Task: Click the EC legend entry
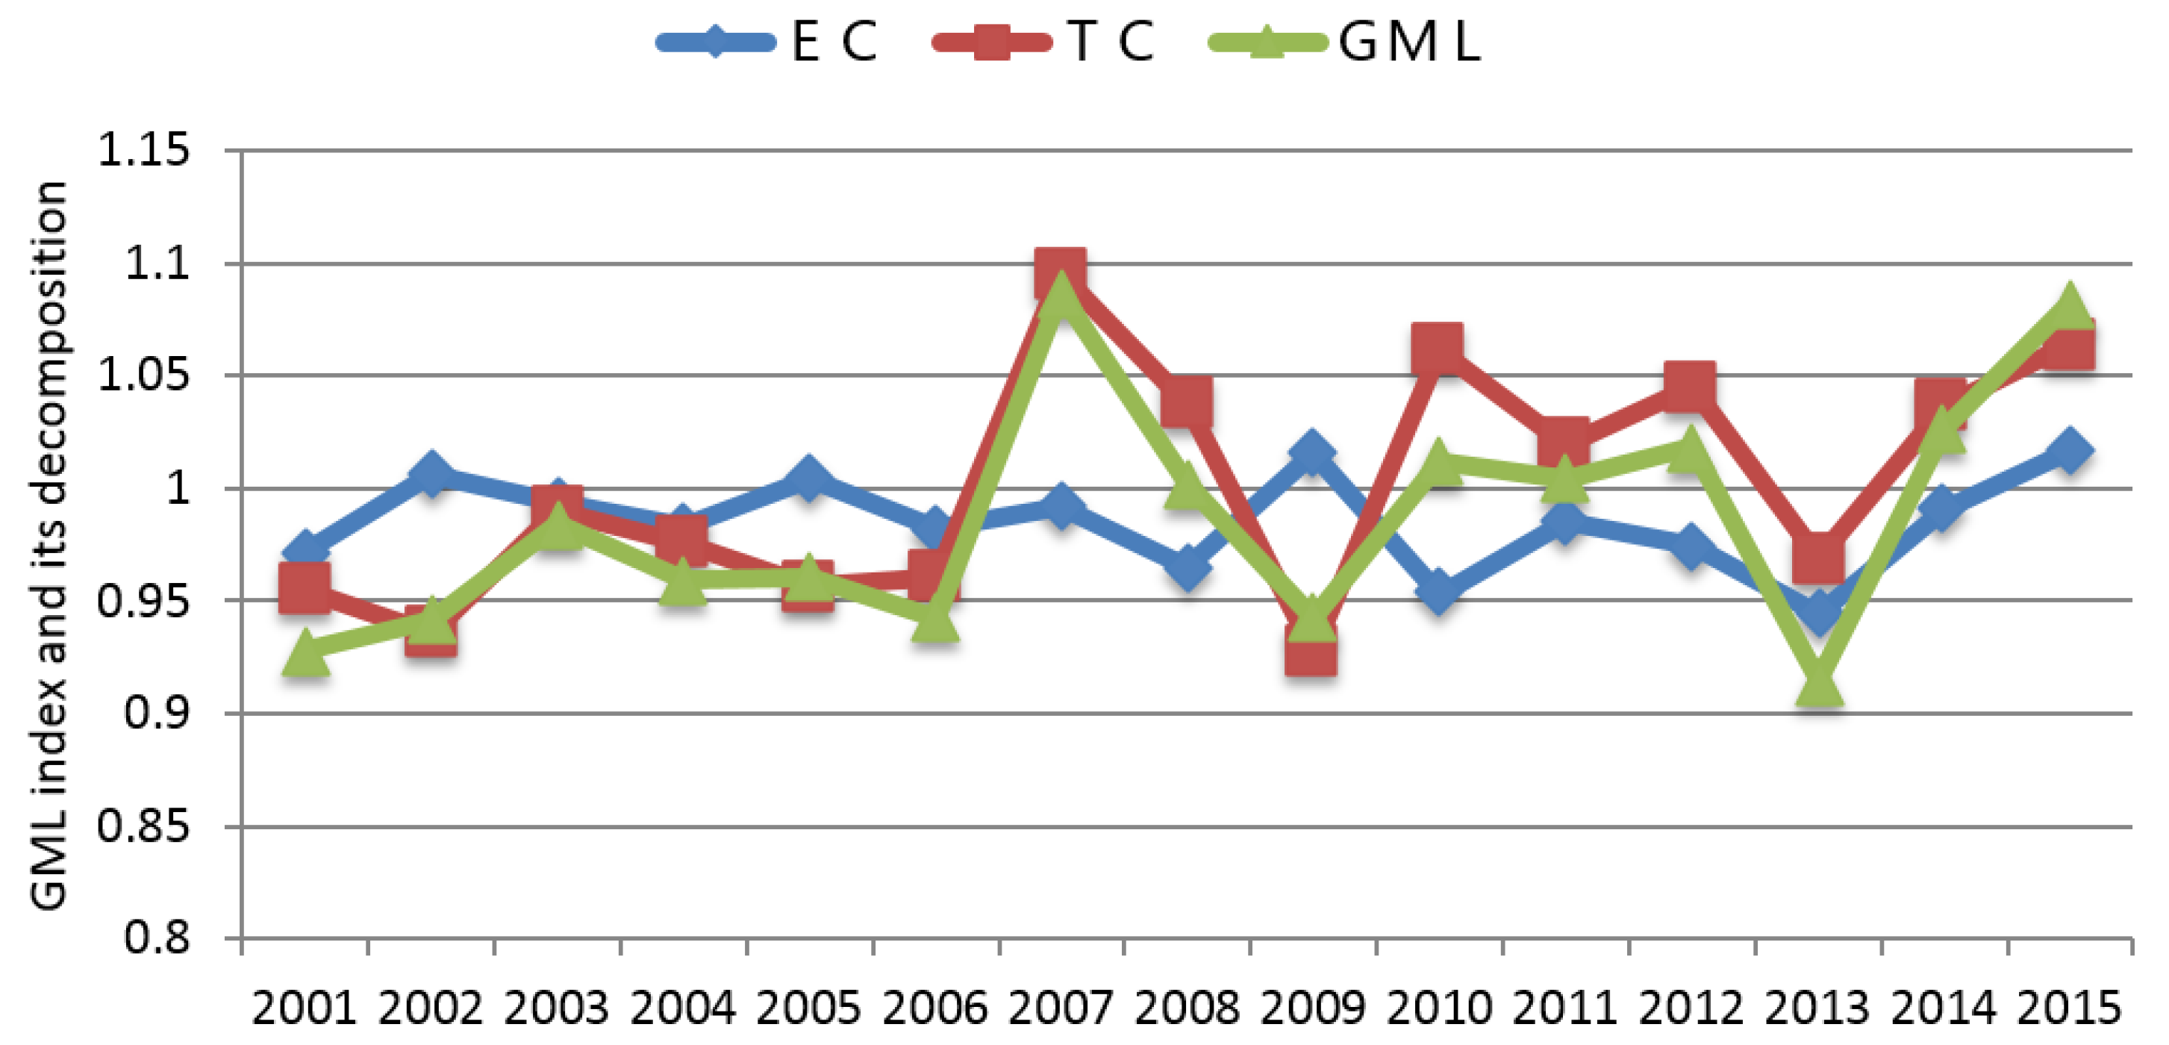tap(767, 40)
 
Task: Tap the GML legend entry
tap(1343, 40)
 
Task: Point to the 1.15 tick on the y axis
tap(143, 151)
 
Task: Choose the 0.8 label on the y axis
tap(157, 938)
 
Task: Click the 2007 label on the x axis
tap(1060, 1008)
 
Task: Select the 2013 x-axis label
tap(1817, 1008)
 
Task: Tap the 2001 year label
tap(304, 1008)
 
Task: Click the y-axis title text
tap(48, 545)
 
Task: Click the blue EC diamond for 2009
tap(1311, 453)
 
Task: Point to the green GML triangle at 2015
tap(2069, 306)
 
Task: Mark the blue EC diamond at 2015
tap(2069, 451)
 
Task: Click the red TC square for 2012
tap(1690, 387)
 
